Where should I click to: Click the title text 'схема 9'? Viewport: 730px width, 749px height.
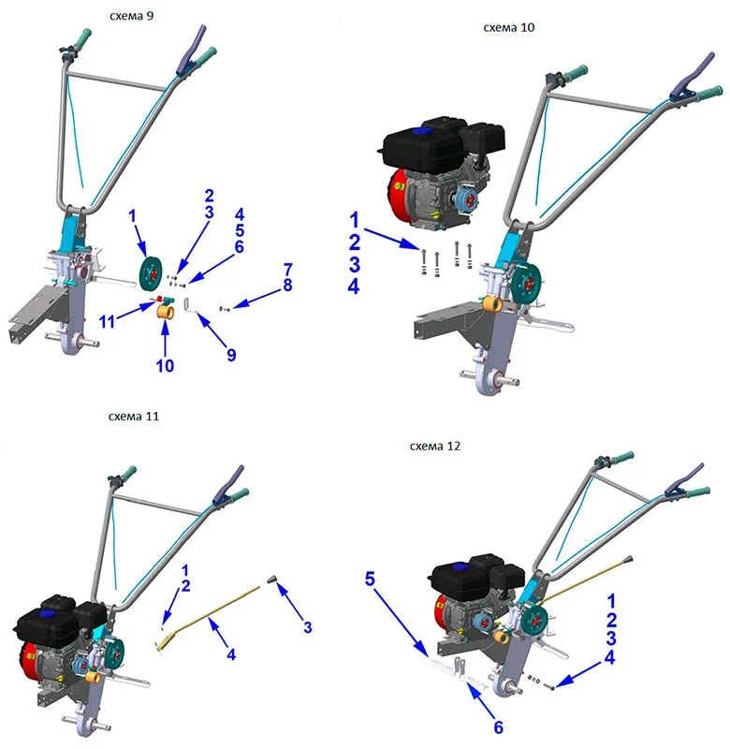(x=132, y=16)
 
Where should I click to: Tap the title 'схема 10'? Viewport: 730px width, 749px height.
(x=509, y=27)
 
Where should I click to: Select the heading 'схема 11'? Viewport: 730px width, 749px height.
(x=134, y=416)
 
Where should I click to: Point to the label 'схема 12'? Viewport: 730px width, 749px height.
(x=435, y=447)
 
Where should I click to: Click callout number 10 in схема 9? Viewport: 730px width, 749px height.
(x=165, y=366)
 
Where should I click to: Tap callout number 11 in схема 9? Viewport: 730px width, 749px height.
(x=107, y=321)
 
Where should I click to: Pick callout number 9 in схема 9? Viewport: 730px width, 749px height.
(x=231, y=355)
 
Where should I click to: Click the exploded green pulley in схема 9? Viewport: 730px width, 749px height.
(x=151, y=273)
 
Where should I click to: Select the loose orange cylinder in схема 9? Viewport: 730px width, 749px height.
(x=166, y=313)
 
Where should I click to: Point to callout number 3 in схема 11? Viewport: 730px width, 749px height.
(x=308, y=627)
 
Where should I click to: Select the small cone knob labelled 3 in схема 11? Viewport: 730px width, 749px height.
(x=272, y=580)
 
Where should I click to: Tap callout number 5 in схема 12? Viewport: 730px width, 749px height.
(x=370, y=579)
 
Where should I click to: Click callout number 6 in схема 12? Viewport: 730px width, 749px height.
(x=499, y=727)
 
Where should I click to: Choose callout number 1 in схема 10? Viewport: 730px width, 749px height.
(x=354, y=220)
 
